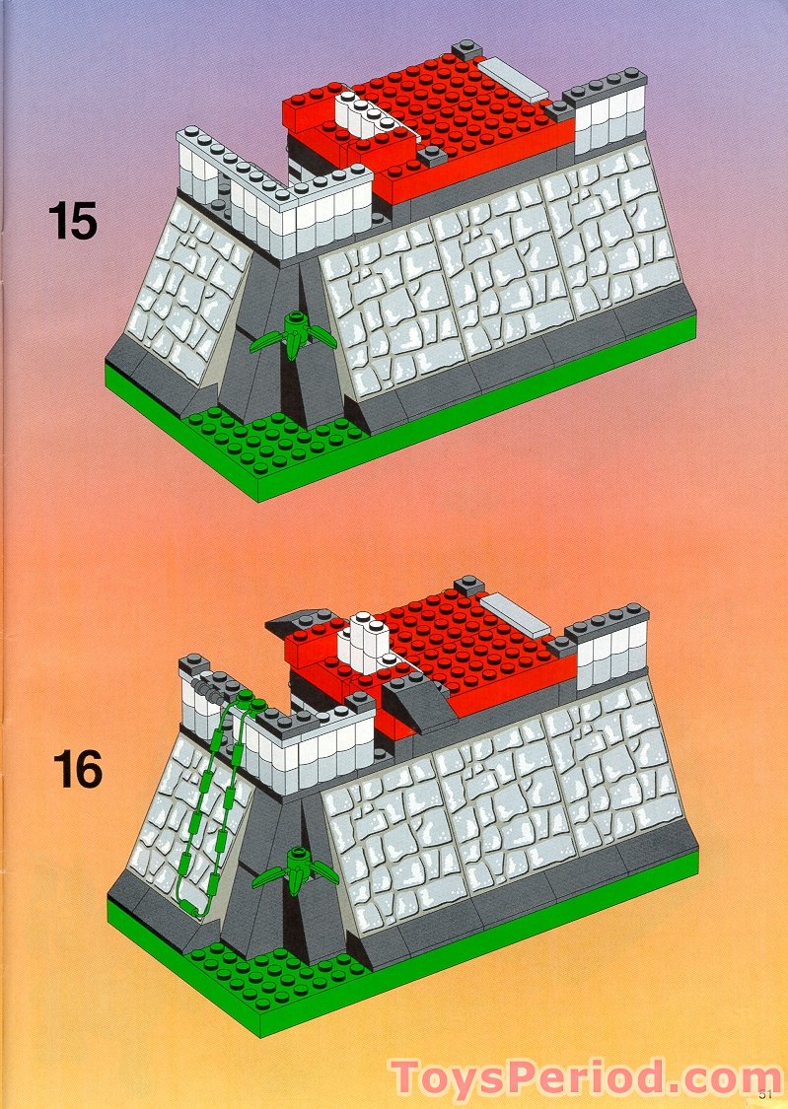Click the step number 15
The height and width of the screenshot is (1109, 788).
point(73,220)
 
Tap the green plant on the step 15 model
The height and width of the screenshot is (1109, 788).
point(293,333)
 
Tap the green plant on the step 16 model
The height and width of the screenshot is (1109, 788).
point(295,867)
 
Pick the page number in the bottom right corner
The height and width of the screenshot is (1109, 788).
point(766,1092)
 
